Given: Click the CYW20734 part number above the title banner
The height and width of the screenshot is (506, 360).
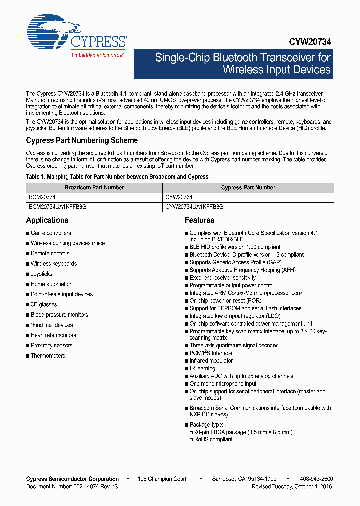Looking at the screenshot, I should pos(310,43).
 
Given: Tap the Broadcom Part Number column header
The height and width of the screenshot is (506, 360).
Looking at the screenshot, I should pos(94,188).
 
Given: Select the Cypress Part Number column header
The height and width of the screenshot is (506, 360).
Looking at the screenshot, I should pos(248,188).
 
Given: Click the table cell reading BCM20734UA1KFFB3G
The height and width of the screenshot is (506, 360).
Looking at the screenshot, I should pos(58,206).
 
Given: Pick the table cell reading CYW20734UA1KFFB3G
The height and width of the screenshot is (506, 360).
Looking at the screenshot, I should pos(194,206).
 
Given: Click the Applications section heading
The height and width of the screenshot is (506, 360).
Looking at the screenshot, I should pos(47,220).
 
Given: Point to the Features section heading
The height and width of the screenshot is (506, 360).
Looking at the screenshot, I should pos(199,220).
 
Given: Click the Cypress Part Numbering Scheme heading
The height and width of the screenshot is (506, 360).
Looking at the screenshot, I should pos(82,141).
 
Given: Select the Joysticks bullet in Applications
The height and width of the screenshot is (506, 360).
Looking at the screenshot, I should pos(41,274).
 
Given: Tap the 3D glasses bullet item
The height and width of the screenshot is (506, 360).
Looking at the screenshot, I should pos(44,304).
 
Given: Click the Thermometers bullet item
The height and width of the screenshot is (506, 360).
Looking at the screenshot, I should pos(48,356).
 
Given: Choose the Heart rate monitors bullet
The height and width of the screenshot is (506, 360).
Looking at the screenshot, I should pos(53,335).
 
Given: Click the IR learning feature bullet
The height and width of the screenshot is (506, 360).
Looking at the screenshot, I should pos(202,368).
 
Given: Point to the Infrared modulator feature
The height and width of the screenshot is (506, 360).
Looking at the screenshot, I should pos(211,361).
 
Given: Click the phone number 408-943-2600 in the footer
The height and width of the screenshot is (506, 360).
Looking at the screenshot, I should pos(317,479).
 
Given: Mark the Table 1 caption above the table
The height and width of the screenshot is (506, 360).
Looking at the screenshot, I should pos(117,177).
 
